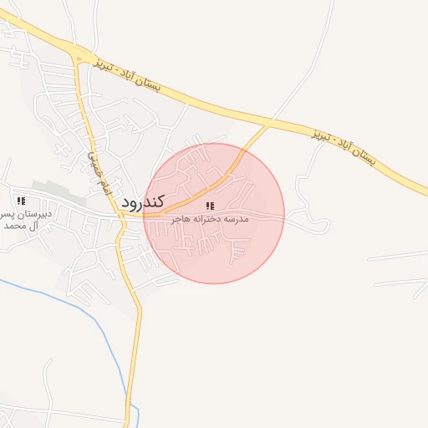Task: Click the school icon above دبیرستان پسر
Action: coord(21,201)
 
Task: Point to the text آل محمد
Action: coord(23,226)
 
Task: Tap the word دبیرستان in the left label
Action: coord(37,214)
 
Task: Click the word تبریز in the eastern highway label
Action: coord(322,135)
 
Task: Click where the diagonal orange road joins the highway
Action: coord(269,125)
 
